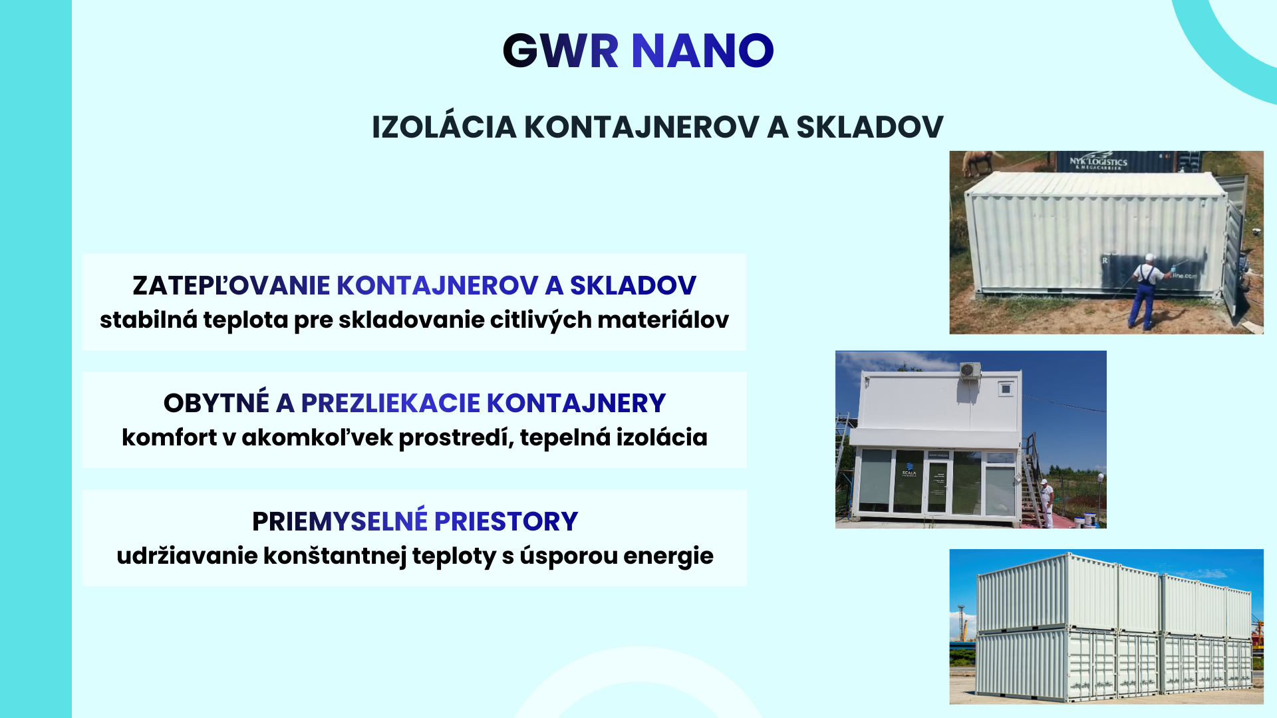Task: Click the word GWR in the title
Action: pos(561,51)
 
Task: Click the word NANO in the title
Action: pos(702,51)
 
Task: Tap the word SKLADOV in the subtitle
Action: pos(869,127)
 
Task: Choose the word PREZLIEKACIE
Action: pos(390,403)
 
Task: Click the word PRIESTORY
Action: pos(506,521)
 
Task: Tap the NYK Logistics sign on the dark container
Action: pos(1098,162)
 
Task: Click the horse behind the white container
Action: pos(984,161)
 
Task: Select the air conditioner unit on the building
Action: pos(970,370)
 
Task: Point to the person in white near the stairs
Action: pos(1046,502)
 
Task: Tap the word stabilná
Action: pos(148,320)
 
